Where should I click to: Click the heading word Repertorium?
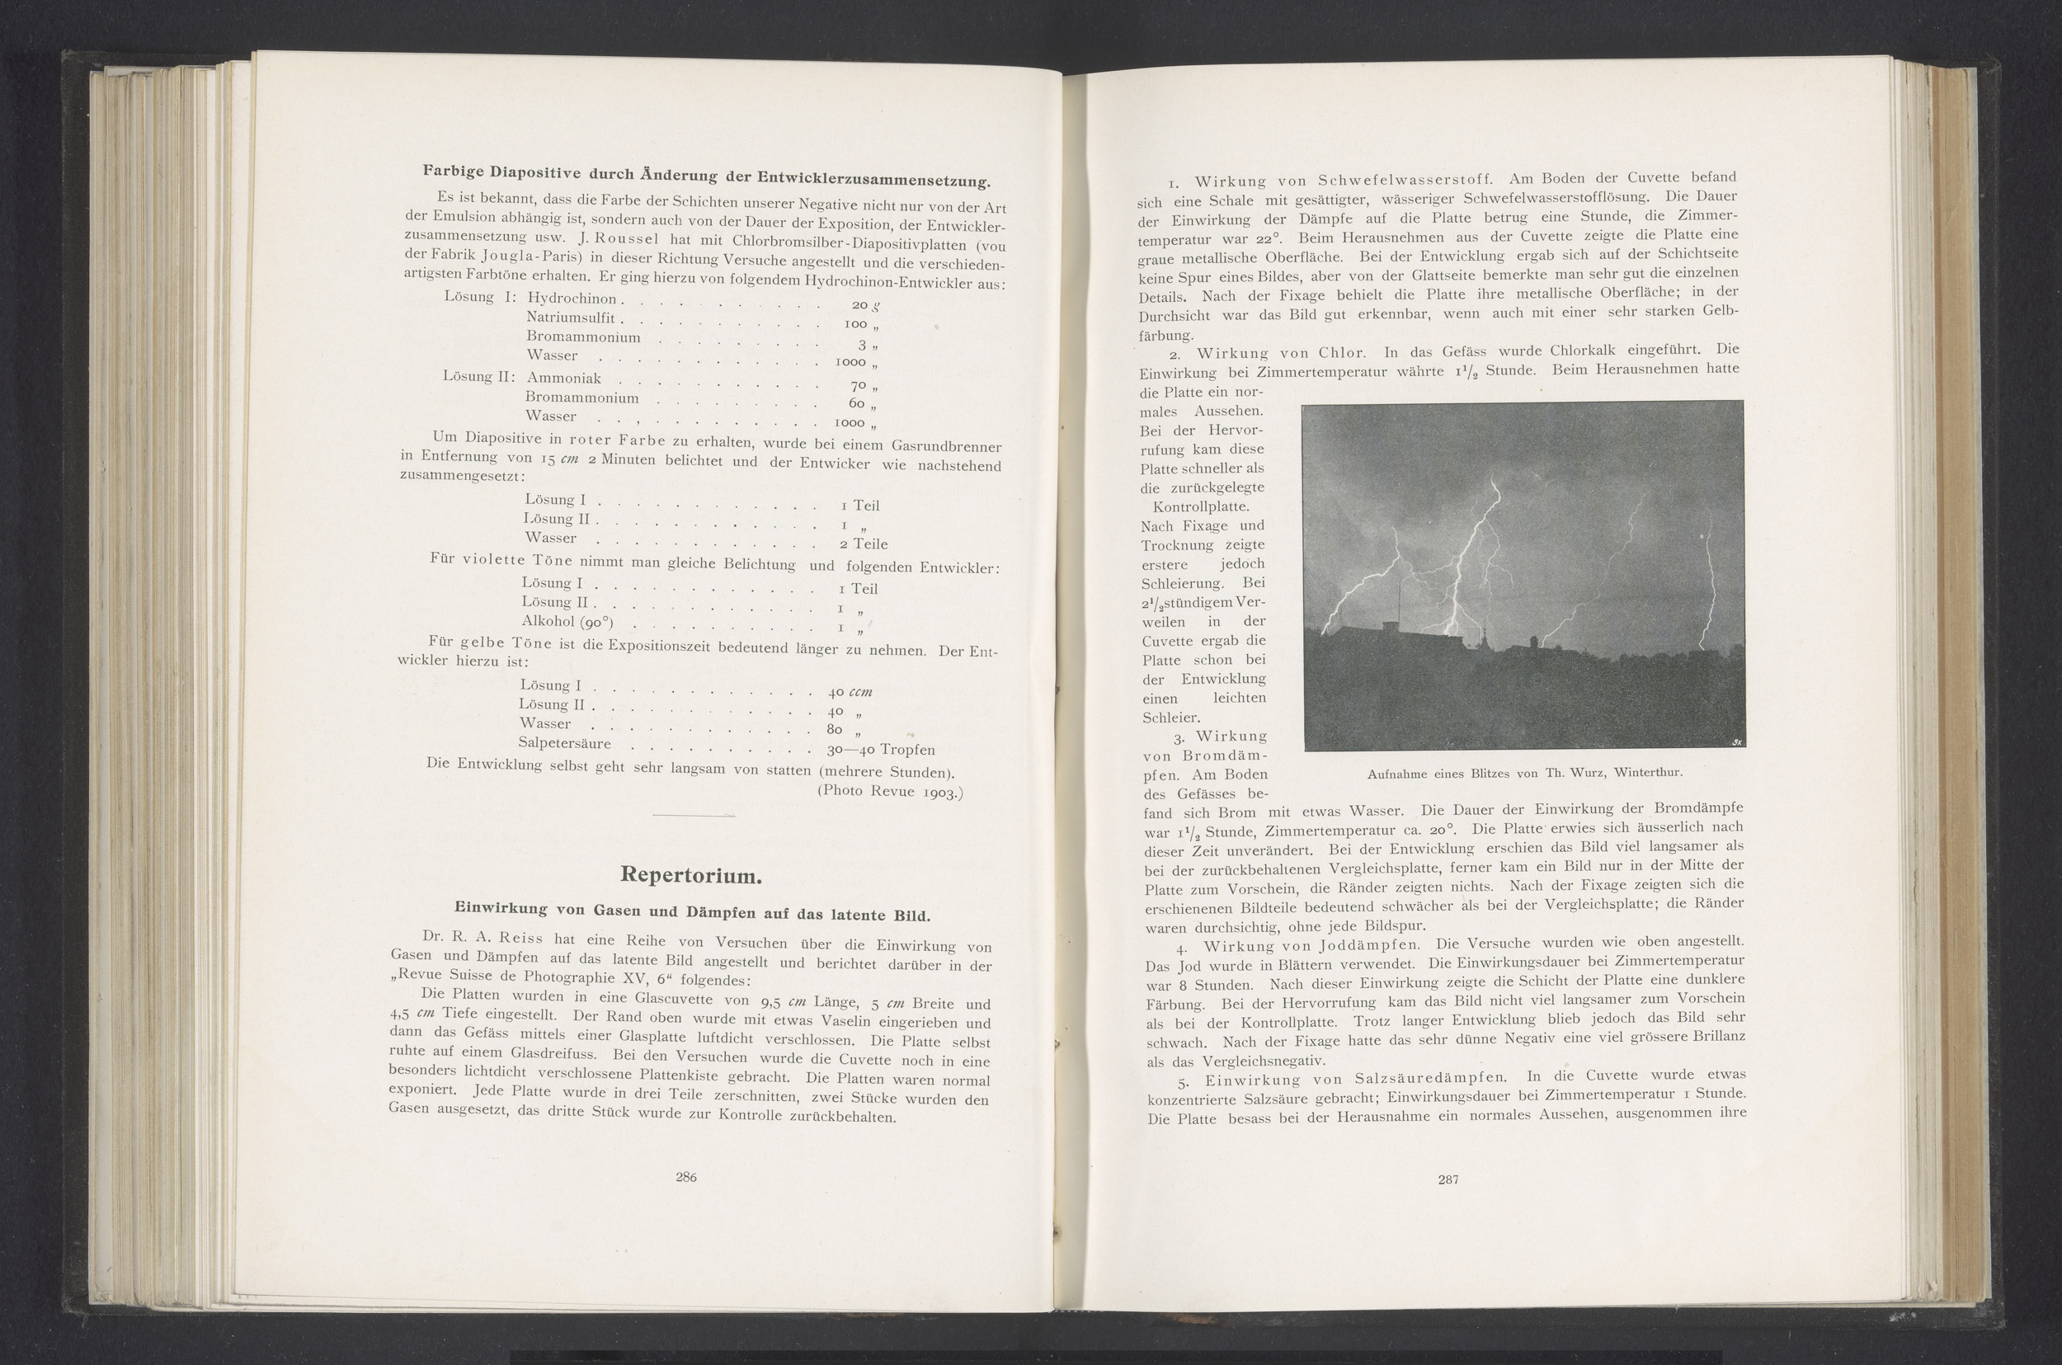(691, 875)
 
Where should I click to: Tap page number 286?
(686, 1178)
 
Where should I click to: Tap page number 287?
(1448, 1179)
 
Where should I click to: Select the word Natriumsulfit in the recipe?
(570, 318)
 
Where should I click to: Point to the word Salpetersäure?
(564, 743)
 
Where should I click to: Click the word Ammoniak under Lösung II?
(563, 379)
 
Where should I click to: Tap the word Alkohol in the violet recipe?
(550, 621)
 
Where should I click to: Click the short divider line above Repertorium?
(692, 816)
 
